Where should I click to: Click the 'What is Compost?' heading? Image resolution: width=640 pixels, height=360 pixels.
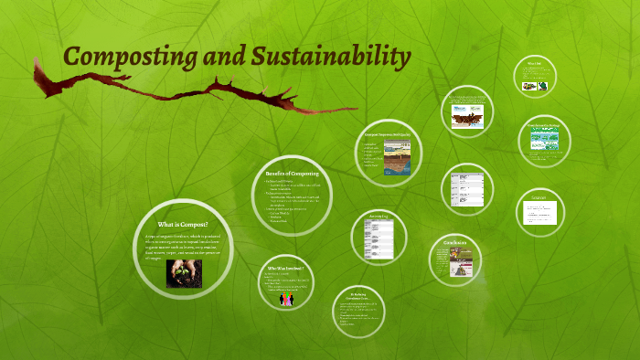183,224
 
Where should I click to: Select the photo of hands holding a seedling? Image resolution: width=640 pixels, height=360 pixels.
184,273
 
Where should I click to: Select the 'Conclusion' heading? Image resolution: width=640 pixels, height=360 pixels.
455,243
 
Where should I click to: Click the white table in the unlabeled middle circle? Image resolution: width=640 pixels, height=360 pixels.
468,189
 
